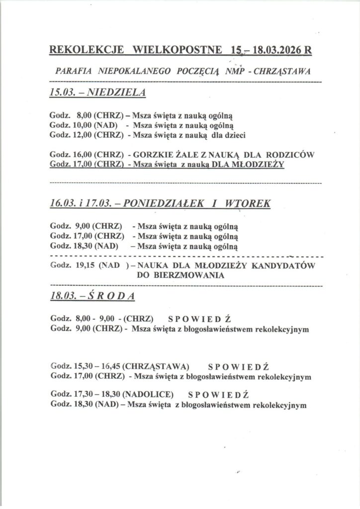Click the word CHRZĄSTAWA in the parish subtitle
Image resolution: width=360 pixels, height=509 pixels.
point(282,71)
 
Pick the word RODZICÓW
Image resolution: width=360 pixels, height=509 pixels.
point(293,155)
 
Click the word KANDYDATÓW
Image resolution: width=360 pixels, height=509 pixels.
point(285,265)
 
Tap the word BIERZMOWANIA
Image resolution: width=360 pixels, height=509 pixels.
point(181,275)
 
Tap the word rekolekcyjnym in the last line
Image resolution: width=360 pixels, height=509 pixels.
point(278,405)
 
